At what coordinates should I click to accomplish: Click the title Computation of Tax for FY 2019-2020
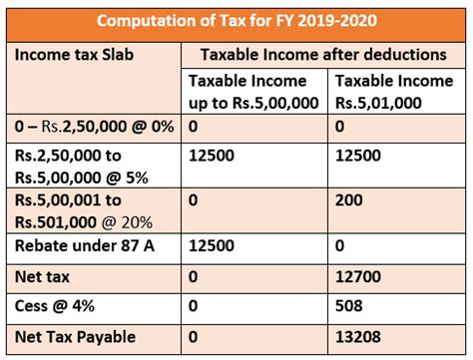(236, 19)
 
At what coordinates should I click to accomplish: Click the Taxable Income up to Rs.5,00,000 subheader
(254, 91)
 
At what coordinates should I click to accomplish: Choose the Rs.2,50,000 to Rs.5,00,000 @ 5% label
(80, 167)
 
